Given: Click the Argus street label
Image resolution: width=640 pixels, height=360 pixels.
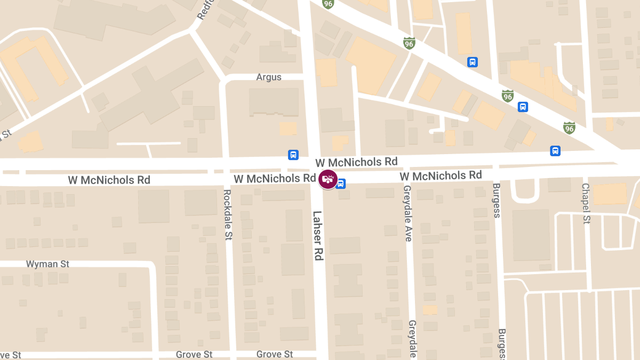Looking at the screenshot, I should (269, 77).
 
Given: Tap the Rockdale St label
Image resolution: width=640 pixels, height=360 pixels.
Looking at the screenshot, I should (228, 214).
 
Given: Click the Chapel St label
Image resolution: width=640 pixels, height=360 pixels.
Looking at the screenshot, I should (586, 204).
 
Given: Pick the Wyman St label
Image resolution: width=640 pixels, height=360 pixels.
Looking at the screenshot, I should (48, 264).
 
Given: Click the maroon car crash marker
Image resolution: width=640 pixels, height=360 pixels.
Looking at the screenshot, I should (327, 179).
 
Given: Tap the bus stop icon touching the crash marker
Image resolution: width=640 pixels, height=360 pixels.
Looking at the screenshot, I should (341, 184).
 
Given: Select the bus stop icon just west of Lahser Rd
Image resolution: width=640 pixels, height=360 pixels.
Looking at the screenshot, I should (293, 155).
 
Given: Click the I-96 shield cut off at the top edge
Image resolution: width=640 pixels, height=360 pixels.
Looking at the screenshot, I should (329, 4).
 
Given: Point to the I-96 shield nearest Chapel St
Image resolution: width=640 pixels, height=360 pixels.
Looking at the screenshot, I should (570, 128).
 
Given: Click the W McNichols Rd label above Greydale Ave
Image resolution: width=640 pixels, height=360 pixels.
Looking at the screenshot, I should (441, 175).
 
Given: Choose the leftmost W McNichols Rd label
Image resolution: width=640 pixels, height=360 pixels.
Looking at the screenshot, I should (109, 180).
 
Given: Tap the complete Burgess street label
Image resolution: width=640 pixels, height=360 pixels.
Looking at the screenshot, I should (497, 201).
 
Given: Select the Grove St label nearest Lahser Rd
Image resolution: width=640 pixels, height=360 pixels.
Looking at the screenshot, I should (275, 354).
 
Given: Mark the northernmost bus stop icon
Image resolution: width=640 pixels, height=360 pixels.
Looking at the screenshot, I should (472, 62).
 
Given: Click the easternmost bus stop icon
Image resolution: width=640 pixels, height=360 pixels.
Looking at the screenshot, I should (555, 151).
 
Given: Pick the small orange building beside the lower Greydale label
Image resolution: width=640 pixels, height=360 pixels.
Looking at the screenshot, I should (430, 309).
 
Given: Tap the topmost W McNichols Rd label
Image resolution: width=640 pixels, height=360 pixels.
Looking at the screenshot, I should (356, 162).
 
